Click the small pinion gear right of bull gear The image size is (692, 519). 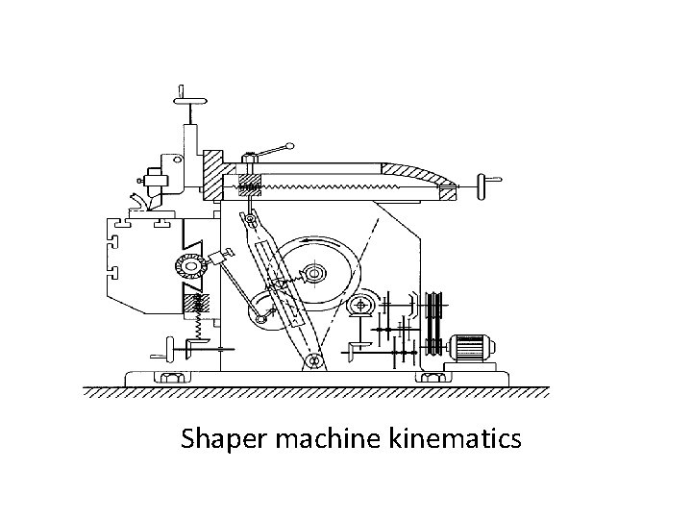pyautogui.click(x=363, y=307)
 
